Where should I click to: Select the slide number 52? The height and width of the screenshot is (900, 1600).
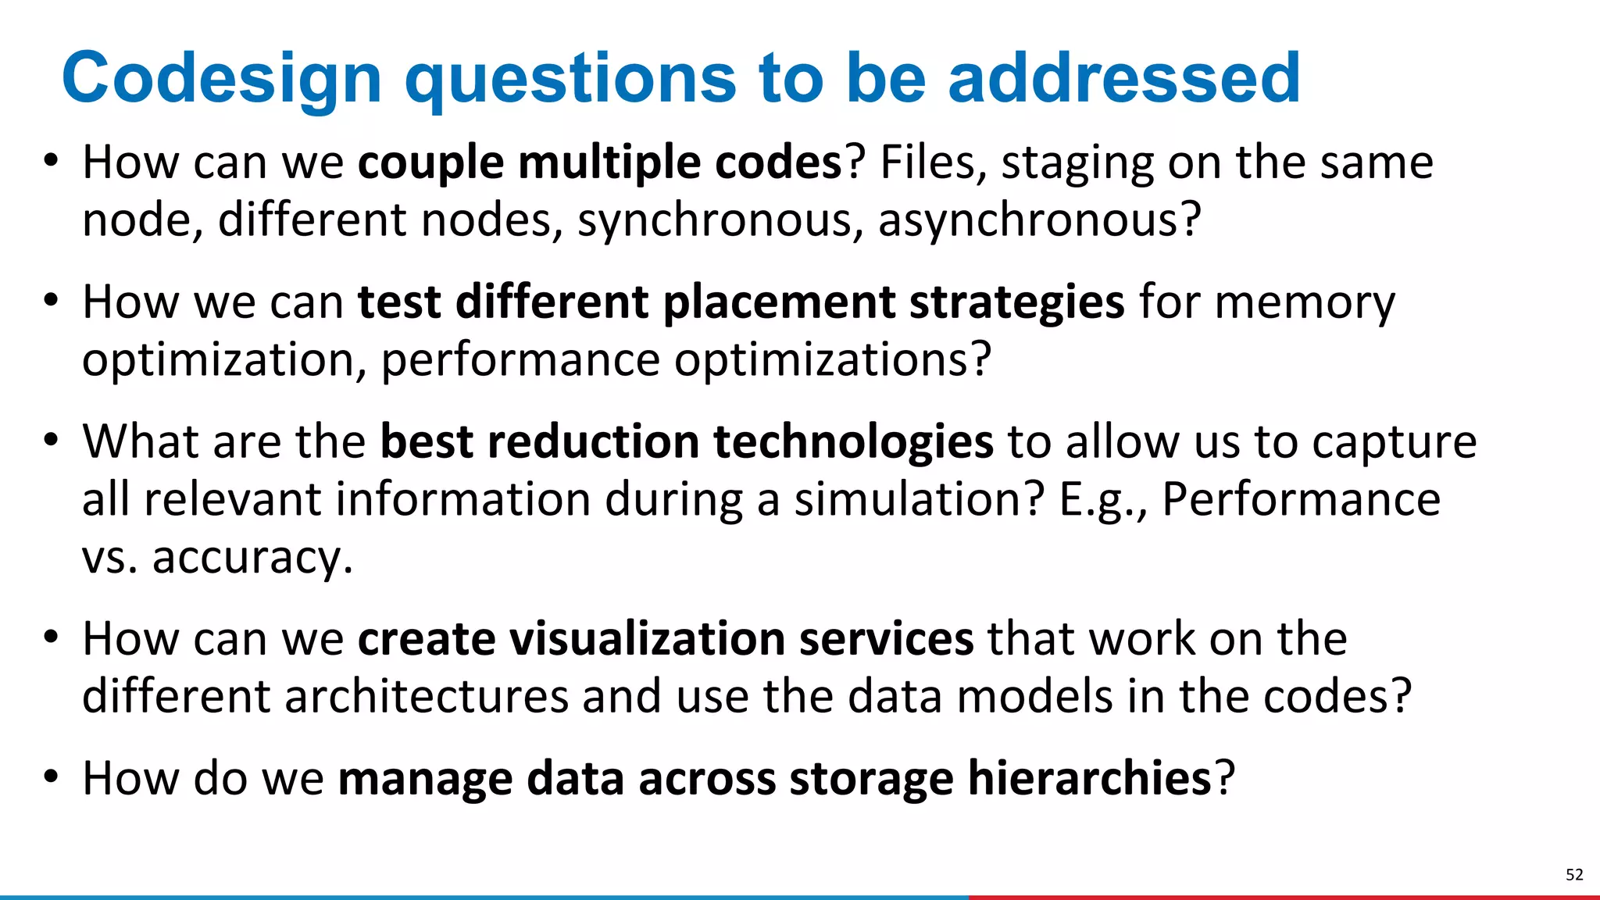tap(1574, 874)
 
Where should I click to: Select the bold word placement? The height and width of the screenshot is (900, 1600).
tap(778, 303)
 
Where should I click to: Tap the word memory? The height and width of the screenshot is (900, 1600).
tap(1305, 303)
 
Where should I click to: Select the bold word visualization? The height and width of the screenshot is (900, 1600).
tap(647, 639)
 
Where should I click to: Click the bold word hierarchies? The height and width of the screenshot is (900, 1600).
tap(1089, 779)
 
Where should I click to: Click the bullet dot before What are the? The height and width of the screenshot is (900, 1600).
tap(51, 439)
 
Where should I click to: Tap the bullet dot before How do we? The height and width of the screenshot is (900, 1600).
tap(51, 777)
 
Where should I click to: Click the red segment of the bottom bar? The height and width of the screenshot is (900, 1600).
tap(1281, 897)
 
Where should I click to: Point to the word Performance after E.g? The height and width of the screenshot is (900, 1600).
tap(1301, 500)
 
